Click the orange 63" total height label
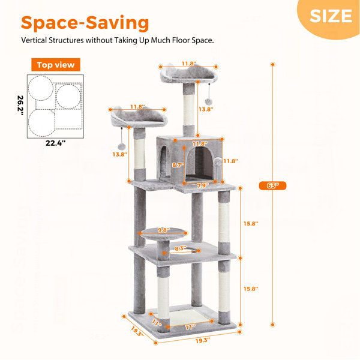tap(272, 185)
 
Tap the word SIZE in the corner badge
tap(331, 16)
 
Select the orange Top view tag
tap(56, 65)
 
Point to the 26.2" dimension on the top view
tap(20, 105)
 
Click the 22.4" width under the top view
tap(55, 143)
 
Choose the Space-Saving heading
tap(85, 23)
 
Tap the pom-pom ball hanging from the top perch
tap(208, 101)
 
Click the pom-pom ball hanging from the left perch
tap(121, 146)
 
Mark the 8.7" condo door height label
tap(178, 165)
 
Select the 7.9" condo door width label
tap(203, 185)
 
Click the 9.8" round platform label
tap(164, 230)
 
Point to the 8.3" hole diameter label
tap(181, 248)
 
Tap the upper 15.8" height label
tap(251, 223)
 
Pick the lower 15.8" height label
tap(251, 289)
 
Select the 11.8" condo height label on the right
tap(230, 161)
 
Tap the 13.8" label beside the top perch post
tap(206, 109)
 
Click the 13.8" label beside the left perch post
tap(119, 154)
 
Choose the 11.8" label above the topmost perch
tap(189, 64)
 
